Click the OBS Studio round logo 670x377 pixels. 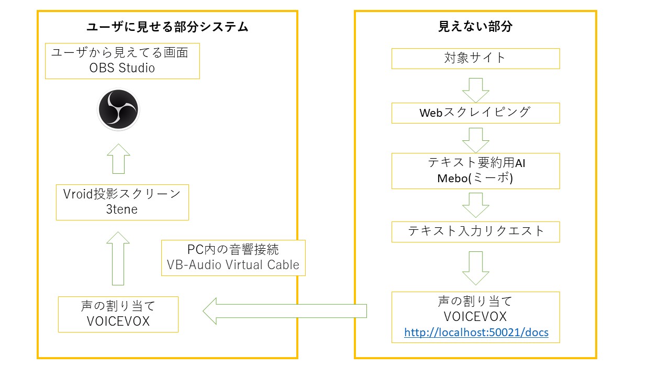(x=118, y=109)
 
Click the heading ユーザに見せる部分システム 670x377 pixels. (x=167, y=27)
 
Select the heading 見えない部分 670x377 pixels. (x=475, y=27)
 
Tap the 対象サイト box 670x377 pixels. (x=475, y=58)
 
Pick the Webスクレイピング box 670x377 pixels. (x=475, y=113)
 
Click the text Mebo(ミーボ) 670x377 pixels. (x=475, y=178)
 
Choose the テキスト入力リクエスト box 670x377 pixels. (x=475, y=231)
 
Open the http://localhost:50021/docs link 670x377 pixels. (x=476, y=332)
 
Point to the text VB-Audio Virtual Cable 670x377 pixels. (x=233, y=265)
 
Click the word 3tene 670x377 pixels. (x=121, y=209)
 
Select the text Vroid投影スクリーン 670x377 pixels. (x=121, y=194)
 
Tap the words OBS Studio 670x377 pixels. (x=122, y=68)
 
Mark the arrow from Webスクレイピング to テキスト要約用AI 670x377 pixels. (x=475, y=139)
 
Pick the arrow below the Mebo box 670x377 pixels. (x=475, y=204)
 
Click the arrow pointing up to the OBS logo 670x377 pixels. (x=118, y=158)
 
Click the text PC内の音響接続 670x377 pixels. (x=233, y=249)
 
